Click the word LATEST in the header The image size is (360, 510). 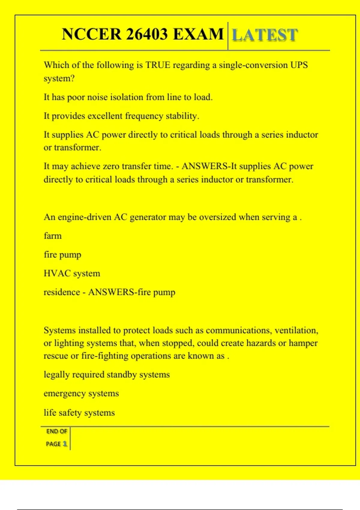coord(265,35)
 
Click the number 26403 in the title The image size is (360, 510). coord(147,34)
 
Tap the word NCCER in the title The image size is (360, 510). coord(91,34)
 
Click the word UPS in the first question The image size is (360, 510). coord(299,65)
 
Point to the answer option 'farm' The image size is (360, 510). coord(52,236)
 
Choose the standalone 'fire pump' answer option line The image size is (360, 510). coord(62,255)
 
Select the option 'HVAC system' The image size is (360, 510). coord(72,273)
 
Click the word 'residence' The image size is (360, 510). coord(62,292)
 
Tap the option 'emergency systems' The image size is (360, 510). coord(81,393)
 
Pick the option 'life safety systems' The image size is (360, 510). coord(79,412)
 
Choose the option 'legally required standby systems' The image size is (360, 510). coord(106,375)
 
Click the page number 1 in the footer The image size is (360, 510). coord(65,444)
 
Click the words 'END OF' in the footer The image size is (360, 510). coord(57,431)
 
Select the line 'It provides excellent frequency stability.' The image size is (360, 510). coord(121,116)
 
